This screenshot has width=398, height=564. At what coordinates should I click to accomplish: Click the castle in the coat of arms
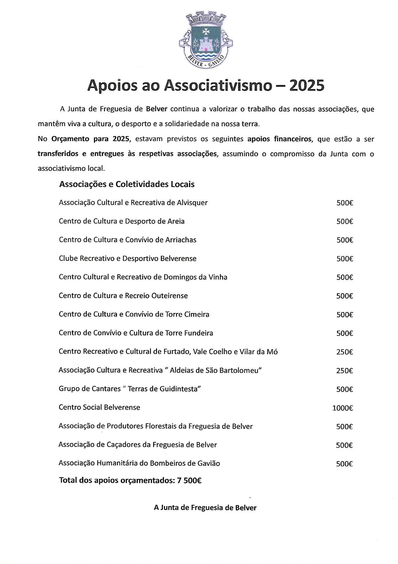pyautogui.click(x=206, y=44)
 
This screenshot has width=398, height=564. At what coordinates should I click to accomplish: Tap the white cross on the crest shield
pyautogui.click(x=206, y=31)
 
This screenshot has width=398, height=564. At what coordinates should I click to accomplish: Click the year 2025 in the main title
pyautogui.click(x=307, y=86)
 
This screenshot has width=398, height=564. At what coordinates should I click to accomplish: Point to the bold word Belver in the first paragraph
pyautogui.click(x=157, y=109)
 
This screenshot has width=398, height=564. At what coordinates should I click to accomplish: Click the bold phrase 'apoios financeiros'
pyautogui.click(x=280, y=139)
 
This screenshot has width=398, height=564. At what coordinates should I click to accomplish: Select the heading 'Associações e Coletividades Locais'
pyautogui.click(x=127, y=184)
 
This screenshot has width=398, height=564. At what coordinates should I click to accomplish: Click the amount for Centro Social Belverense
pyautogui.click(x=342, y=408)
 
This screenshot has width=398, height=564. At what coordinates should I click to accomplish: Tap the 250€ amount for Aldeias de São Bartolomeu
pyautogui.click(x=344, y=371)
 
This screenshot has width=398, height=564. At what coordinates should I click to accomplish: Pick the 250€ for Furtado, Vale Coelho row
pyautogui.click(x=344, y=352)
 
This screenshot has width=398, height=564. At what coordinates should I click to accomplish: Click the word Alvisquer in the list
pyautogui.click(x=192, y=203)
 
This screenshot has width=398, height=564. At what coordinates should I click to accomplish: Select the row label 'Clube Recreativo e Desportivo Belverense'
pyautogui.click(x=128, y=259)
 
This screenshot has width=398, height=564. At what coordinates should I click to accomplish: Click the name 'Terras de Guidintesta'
pyautogui.click(x=164, y=389)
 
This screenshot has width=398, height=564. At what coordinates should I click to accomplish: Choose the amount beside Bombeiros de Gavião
pyautogui.click(x=344, y=464)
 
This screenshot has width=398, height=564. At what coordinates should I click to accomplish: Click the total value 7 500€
pyautogui.click(x=189, y=481)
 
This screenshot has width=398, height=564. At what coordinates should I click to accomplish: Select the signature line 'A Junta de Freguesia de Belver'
pyautogui.click(x=205, y=508)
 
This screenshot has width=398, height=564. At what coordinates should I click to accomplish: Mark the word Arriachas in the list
pyautogui.click(x=181, y=240)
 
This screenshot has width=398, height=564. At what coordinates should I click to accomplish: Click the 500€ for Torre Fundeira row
pyautogui.click(x=344, y=333)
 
